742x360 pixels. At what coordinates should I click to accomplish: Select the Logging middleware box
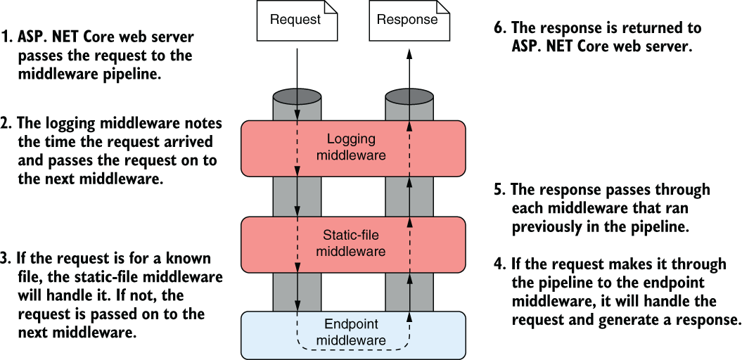(x=354, y=148)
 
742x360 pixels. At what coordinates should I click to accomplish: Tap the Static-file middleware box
(x=354, y=244)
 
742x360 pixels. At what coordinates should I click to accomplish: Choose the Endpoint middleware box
(x=354, y=335)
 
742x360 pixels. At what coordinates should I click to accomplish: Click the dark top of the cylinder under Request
(x=297, y=95)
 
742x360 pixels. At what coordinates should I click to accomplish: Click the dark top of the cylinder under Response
(x=409, y=95)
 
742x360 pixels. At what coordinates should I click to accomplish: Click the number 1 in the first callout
(x=5, y=37)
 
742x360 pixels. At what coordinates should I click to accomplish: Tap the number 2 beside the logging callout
(x=6, y=124)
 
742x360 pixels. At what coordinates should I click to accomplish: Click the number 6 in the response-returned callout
(x=499, y=28)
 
